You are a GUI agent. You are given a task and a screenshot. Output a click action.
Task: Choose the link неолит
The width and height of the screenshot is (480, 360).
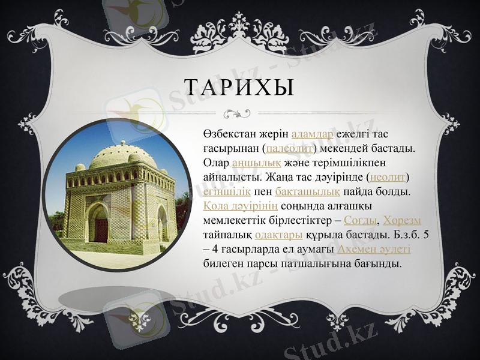[x=389, y=177]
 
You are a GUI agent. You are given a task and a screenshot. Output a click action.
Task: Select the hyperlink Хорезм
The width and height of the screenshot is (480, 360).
[x=402, y=220]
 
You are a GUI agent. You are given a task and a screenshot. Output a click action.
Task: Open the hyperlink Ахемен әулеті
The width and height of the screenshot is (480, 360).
[x=374, y=249]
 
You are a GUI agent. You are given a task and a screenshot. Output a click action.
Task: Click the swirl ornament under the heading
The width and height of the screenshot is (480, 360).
[x=239, y=112]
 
